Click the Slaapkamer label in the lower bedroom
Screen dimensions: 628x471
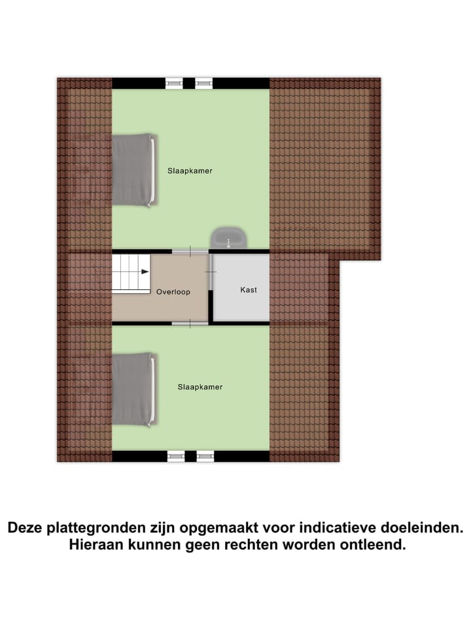click(200, 387)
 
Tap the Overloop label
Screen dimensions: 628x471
click(173, 292)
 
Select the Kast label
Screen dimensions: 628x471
click(249, 289)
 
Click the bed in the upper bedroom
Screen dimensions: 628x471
click(134, 171)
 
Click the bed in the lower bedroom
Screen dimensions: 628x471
click(134, 390)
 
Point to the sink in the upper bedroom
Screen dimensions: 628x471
click(228, 237)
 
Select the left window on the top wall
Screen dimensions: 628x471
click(175, 83)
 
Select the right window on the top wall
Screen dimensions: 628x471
click(204, 83)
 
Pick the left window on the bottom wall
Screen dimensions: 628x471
click(175, 457)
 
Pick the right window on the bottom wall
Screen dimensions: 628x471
click(205, 457)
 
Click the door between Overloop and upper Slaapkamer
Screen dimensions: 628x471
click(190, 251)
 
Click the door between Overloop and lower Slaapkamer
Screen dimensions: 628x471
click(190, 323)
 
